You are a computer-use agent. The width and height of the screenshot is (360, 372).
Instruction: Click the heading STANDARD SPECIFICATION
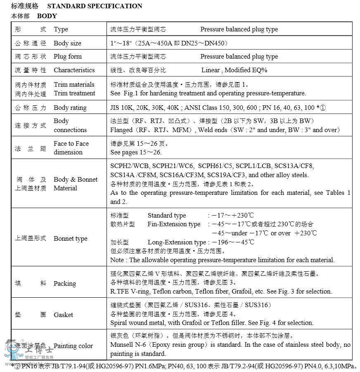point(95,6)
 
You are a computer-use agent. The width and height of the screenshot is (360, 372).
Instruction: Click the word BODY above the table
point(47,16)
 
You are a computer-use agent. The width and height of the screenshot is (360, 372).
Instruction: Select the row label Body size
point(67,43)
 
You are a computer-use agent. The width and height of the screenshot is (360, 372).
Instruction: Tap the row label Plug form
point(68,57)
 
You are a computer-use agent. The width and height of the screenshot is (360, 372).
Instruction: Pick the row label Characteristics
point(74,70)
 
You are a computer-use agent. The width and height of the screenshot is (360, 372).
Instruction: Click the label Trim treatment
point(74,93)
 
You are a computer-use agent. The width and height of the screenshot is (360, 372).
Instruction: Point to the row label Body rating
point(70,108)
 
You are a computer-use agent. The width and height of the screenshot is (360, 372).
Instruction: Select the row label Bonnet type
point(71,239)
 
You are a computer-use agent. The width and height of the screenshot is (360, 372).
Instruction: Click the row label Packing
point(65,284)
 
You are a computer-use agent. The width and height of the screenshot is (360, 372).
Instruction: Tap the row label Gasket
point(63,315)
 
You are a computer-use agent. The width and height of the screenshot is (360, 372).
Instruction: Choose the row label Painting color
point(73,346)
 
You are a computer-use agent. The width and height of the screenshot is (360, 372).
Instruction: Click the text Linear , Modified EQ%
point(234,70)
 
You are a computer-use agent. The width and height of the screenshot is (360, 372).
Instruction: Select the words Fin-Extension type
point(174,224)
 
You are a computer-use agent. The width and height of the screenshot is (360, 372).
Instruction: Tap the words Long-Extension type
point(177,242)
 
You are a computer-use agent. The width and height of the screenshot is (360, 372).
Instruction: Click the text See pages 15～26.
point(136,152)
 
